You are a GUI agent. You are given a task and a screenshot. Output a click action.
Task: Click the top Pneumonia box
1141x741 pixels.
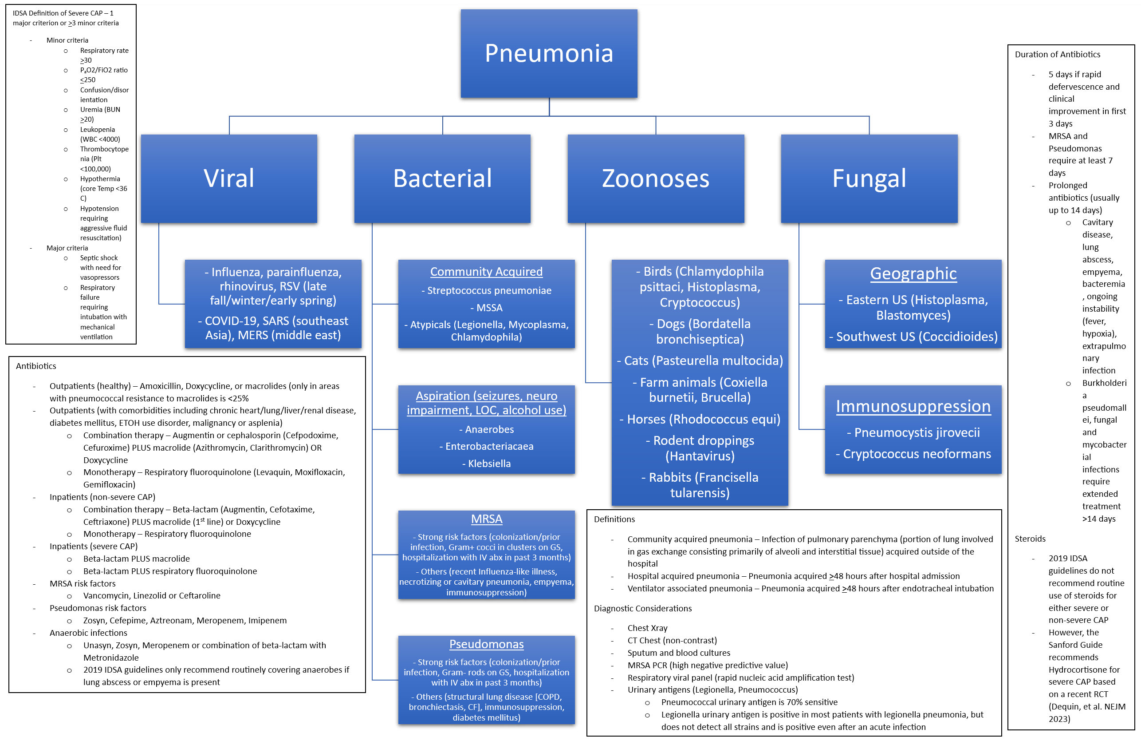(549, 53)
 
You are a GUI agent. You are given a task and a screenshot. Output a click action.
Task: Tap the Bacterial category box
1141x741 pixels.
(442, 178)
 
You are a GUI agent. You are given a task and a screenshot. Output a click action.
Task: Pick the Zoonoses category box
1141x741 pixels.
(655, 178)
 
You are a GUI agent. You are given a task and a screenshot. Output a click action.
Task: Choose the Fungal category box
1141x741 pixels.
(869, 178)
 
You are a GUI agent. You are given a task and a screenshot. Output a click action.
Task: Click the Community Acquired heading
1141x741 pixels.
(486, 272)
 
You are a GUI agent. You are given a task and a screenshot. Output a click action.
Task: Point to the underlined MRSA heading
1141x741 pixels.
(487, 519)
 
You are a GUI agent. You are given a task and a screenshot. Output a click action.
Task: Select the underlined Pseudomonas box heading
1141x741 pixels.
(486, 644)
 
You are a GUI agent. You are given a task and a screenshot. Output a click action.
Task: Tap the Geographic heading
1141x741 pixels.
(913, 273)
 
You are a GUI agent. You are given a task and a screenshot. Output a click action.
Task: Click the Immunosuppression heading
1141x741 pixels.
(913, 407)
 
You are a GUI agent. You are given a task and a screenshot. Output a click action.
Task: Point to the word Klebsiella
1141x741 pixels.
(489, 464)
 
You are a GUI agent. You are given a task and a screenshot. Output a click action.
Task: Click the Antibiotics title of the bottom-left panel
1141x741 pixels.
(36, 366)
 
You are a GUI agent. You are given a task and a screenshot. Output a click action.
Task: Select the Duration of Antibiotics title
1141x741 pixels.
(1057, 54)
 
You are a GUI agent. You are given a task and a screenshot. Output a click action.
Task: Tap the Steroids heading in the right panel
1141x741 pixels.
(1030, 539)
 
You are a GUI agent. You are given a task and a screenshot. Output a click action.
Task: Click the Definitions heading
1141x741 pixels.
(614, 519)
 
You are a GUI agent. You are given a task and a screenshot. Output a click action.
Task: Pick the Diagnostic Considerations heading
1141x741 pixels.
(642, 609)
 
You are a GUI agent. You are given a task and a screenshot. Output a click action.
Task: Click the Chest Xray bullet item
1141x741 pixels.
(647, 628)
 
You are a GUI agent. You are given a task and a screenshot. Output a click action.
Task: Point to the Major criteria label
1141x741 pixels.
(67, 248)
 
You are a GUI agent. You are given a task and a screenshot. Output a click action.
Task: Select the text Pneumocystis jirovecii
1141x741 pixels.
(917, 432)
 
